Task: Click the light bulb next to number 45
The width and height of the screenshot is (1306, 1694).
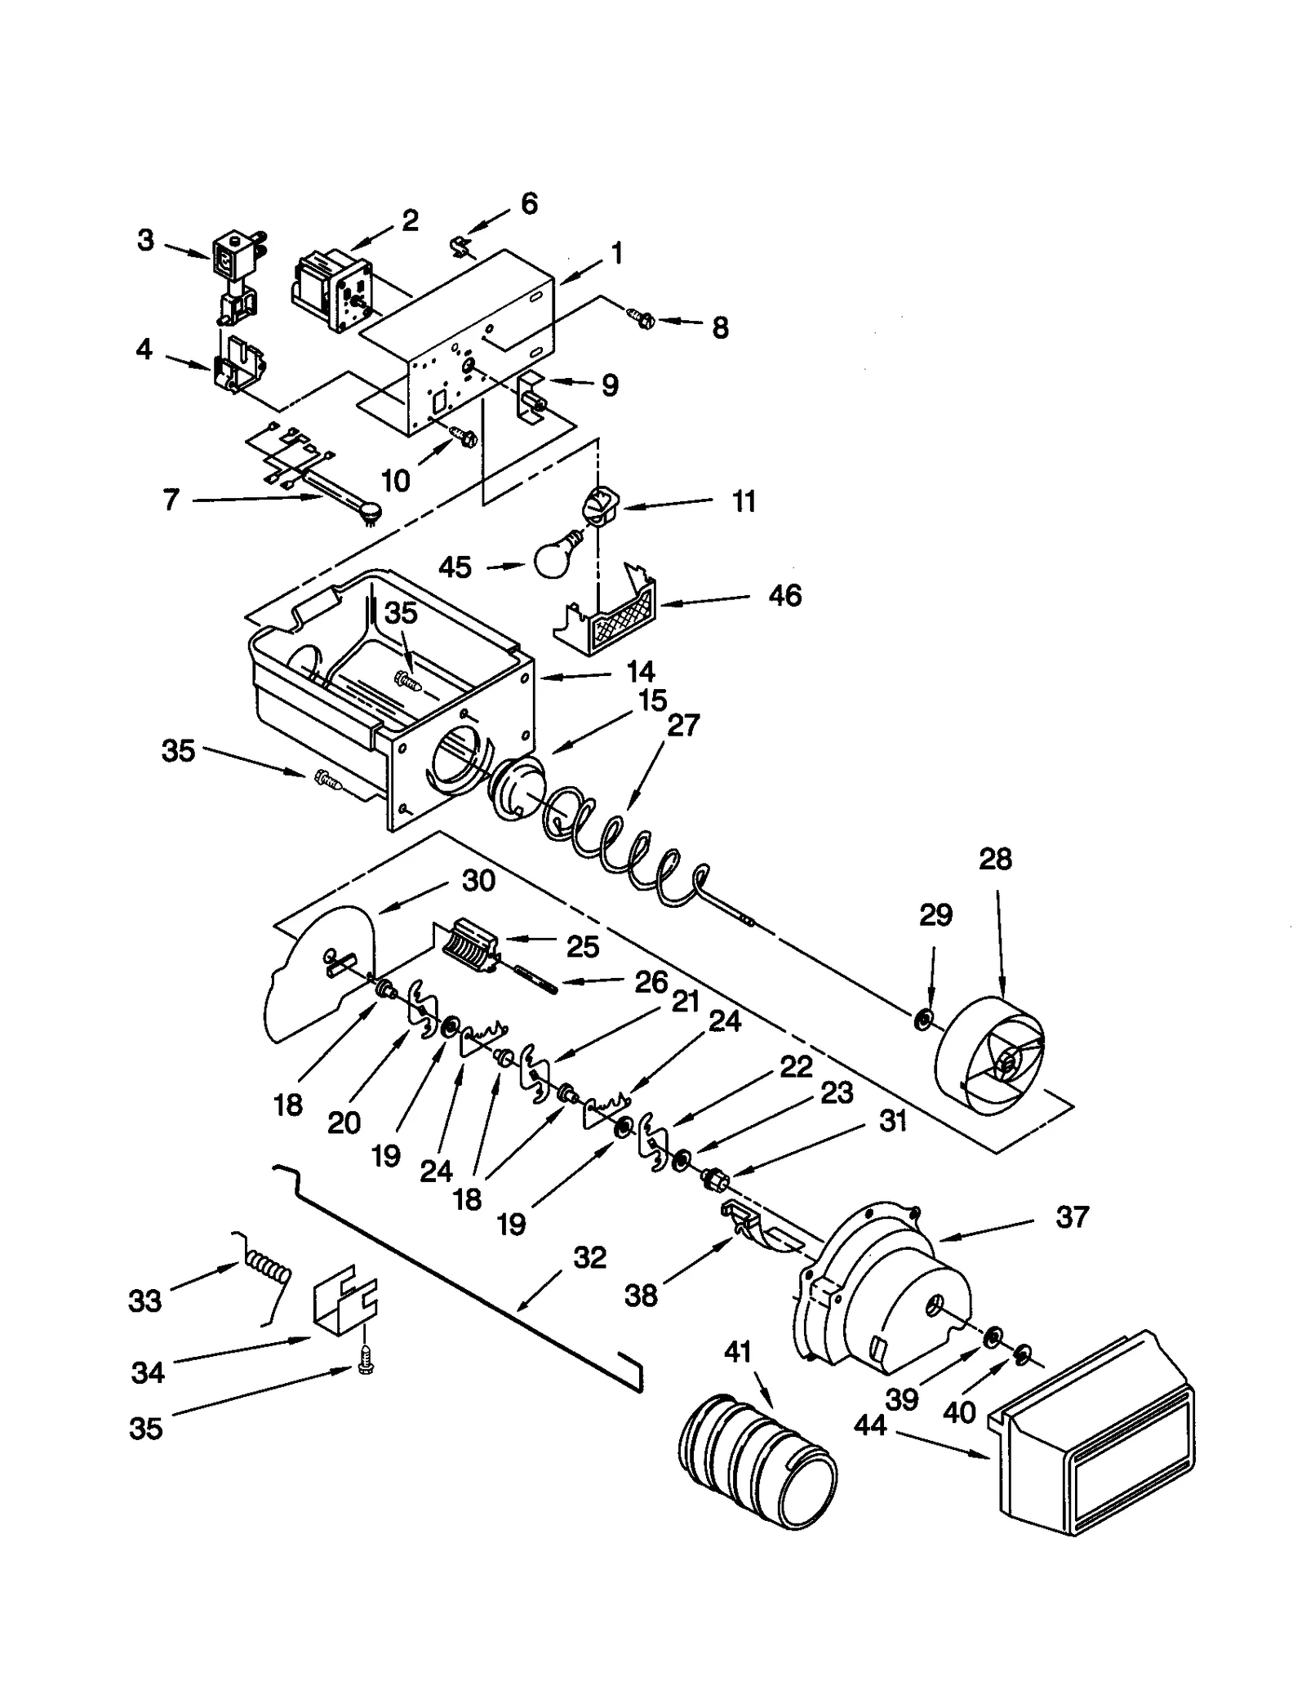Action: click(x=556, y=557)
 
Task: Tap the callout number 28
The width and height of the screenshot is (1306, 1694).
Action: click(x=995, y=859)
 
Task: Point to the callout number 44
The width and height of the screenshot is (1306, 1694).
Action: click(x=870, y=1425)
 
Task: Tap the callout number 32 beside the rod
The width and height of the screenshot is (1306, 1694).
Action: click(x=589, y=1257)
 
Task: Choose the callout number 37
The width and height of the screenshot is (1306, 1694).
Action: click(x=1072, y=1217)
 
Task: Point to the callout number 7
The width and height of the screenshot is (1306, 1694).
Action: click(x=170, y=499)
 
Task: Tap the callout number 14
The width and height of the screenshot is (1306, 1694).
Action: click(x=641, y=671)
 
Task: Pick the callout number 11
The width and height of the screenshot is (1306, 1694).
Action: click(x=744, y=501)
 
